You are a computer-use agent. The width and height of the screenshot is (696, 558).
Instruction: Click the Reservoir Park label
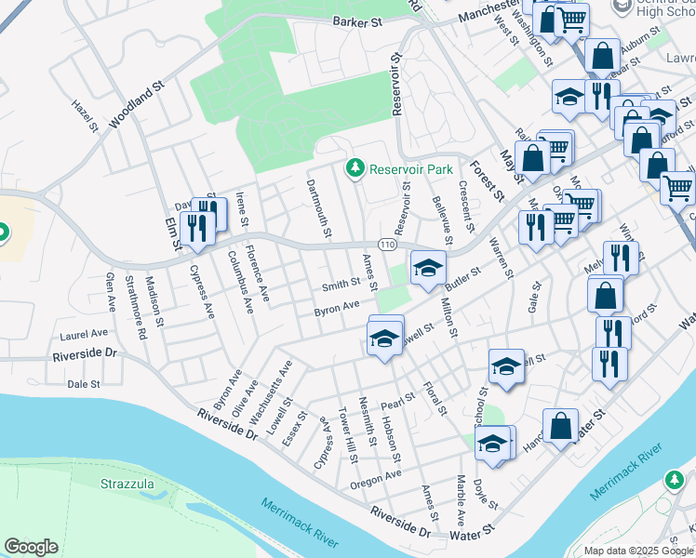[410, 169]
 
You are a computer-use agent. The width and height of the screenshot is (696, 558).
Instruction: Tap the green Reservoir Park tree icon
[354, 168]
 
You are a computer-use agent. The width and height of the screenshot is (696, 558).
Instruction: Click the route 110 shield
[388, 244]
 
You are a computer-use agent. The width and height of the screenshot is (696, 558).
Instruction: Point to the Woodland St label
[136, 102]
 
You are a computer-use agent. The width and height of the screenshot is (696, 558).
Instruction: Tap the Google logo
[31, 547]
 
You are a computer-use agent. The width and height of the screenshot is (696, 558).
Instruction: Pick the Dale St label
[84, 383]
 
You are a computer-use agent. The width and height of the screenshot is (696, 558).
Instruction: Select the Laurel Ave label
[84, 333]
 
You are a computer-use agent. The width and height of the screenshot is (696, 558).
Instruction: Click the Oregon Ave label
[376, 479]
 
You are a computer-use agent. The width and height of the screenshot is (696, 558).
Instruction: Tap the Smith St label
[341, 284]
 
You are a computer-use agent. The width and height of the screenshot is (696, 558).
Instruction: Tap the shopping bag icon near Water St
[560, 427]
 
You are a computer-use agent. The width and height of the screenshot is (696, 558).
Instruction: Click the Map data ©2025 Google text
[638, 551]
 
